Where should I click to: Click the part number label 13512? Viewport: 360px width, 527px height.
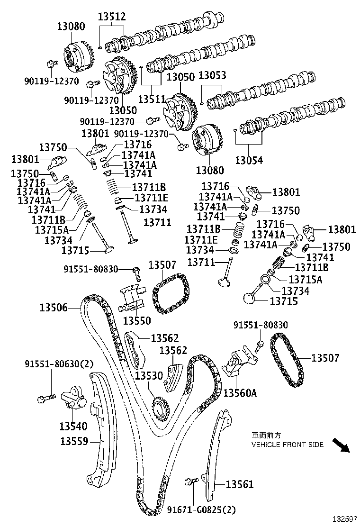pyautogui.click(x=112, y=17)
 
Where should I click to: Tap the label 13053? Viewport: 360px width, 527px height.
pyautogui.click(x=212, y=76)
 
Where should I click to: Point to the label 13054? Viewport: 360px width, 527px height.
pyautogui.click(x=250, y=161)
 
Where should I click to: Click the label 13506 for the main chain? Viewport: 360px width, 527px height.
pyautogui.click(x=53, y=309)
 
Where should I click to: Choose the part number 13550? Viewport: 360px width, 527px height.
pyautogui.click(x=137, y=321)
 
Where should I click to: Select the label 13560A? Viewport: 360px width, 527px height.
pyautogui.click(x=240, y=392)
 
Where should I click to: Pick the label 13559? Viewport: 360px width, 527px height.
pyautogui.click(x=74, y=441)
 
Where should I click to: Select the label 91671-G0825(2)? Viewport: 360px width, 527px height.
pyautogui.click(x=201, y=510)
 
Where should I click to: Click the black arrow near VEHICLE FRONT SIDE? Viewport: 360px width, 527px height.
pyautogui.click(x=341, y=446)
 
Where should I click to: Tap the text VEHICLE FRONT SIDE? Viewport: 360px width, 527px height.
pyautogui.click(x=287, y=445)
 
